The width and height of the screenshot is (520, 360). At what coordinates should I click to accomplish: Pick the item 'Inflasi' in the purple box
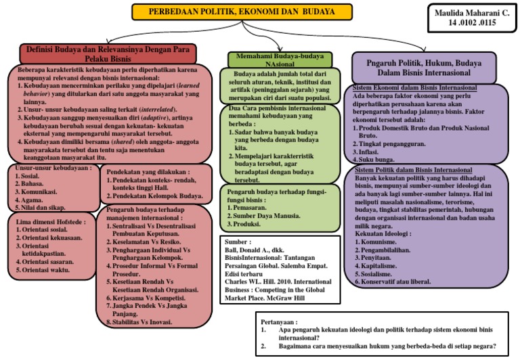(x=381, y=153)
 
